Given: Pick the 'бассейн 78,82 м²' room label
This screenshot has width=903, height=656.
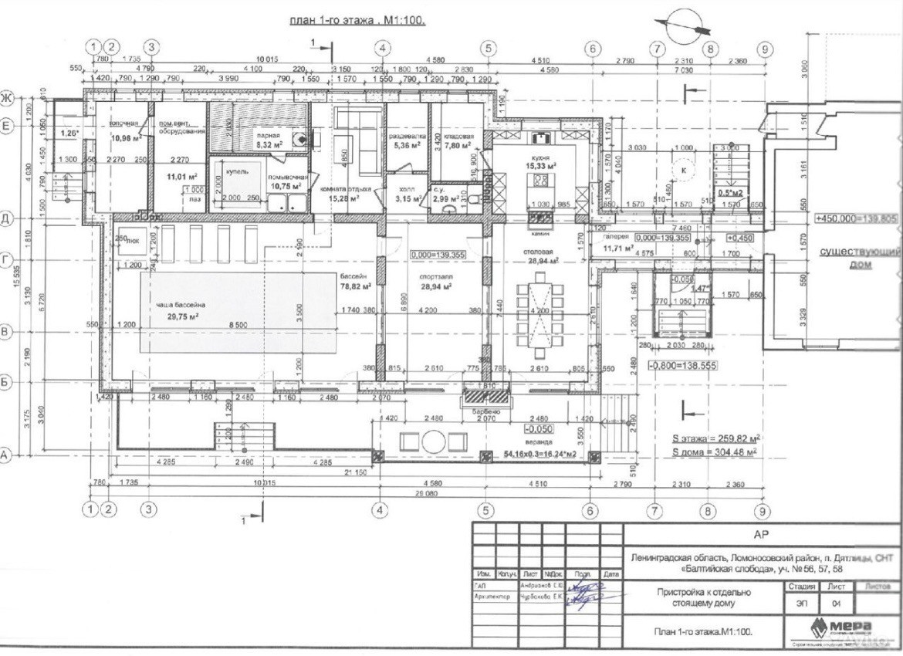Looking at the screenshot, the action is pos(356,281).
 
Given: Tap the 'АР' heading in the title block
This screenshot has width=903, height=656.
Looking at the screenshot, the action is pos(763,533).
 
